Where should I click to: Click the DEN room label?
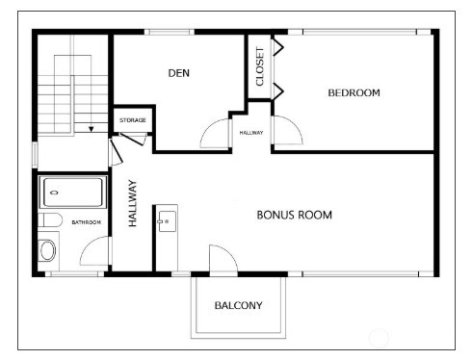[179, 73]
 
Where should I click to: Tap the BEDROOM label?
[354, 93]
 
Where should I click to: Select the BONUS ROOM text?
[295, 215]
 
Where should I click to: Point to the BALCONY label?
[238, 305]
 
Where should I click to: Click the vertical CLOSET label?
[260, 66]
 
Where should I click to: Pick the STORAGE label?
[133, 120]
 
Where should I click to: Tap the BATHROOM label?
[86, 222]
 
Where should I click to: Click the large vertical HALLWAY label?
[133, 203]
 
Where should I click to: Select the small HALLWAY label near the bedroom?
[251, 133]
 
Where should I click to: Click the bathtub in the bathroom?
[73, 193]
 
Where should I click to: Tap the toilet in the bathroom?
[50, 220]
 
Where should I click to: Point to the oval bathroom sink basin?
[48, 250]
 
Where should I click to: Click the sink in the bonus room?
[168, 221]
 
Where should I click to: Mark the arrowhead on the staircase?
[92, 129]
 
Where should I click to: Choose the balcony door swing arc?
[229, 253]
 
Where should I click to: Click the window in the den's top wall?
[170, 32]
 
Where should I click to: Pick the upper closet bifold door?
[278, 47]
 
